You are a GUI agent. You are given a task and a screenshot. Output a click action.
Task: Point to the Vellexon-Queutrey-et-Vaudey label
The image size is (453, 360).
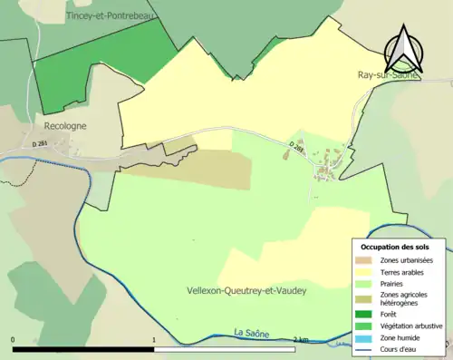pyautogui.click(x=246, y=290)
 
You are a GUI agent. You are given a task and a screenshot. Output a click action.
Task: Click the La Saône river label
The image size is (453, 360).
pyautogui.click(x=252, y=334)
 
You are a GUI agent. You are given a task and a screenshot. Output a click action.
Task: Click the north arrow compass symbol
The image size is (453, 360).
pyautogui.click(x=401, y=50)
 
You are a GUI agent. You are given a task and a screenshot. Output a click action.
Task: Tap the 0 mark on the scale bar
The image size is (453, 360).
pyautogui.click(x=13, y=340)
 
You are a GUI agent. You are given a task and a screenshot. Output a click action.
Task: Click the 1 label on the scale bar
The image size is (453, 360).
pyautogui.click(x=154, y=340)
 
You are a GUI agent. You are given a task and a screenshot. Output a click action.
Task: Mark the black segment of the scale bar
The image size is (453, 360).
pyautogui.click(x=83, y=348)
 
